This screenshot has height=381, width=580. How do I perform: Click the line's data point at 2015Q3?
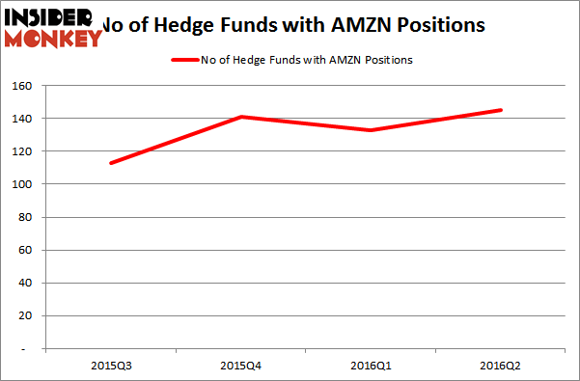tap(110, 163)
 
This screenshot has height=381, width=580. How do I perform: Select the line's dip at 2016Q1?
tap(370, 130)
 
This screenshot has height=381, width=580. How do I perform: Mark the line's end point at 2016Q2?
tap(500, 110)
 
